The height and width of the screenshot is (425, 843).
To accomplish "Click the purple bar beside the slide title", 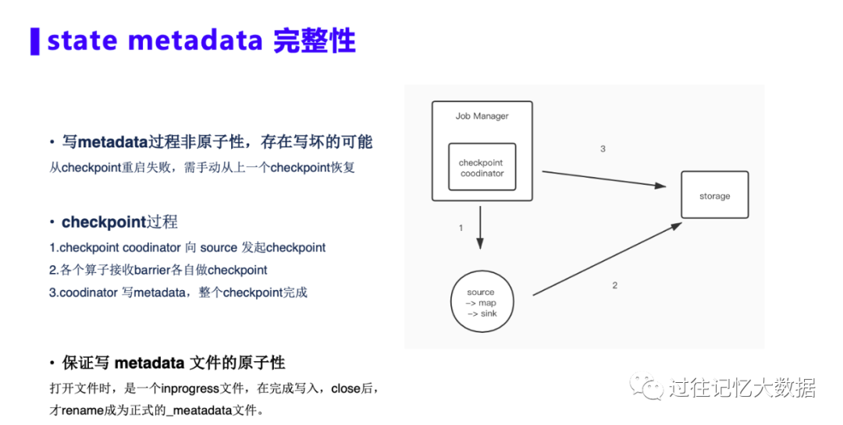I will [34, 41].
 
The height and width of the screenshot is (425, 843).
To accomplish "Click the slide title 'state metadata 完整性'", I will [201, 41].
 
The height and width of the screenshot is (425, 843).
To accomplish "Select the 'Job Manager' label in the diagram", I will [482, 116].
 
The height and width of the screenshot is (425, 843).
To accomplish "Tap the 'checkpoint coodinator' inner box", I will [482, 167].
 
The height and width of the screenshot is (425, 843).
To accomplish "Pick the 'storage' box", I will [714, 196].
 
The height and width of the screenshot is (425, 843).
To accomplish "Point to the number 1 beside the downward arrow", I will [461, 228].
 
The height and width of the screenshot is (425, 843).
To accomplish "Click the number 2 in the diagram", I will [614, 285].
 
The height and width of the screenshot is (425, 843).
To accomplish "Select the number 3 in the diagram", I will [603, 148].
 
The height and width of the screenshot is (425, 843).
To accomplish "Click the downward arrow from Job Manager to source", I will [480, 225].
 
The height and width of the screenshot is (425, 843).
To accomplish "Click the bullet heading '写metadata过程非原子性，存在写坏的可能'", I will [217, 142].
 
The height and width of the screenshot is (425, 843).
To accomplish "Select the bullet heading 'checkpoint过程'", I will [119, 222].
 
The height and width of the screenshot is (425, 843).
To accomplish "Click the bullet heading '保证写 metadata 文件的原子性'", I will [173, 363].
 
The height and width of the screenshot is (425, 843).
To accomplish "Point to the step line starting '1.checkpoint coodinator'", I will [187, 247].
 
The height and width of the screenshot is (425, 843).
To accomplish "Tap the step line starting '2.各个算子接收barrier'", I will [158, 270].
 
